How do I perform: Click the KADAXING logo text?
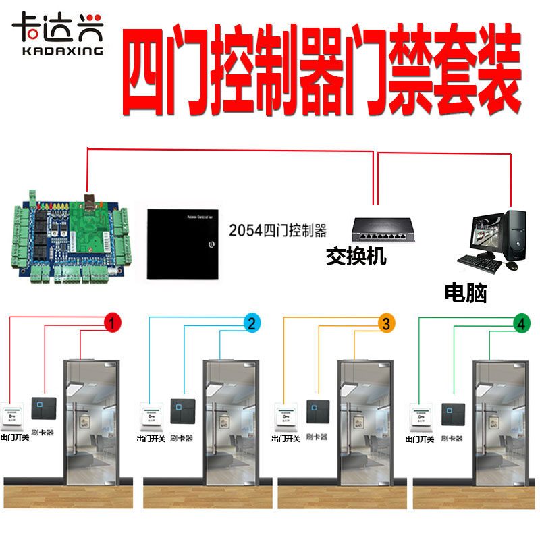(57, 50)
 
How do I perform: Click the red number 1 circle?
(112, 323)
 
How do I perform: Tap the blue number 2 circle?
(250, 323)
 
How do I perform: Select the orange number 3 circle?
(385, 324)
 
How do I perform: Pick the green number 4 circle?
(520, 324)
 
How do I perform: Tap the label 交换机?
(356, 256)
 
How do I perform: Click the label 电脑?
(466, 292)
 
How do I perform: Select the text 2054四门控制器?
(277, 232)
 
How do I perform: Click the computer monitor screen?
(487, 233)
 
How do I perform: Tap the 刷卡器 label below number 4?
(452, 438)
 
